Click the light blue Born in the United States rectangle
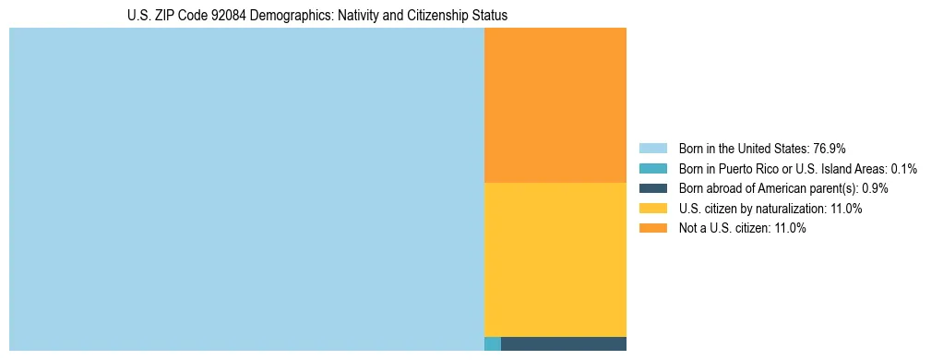pyautogui.click(x=246, y=189)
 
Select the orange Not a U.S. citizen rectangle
pyautogui.click(x=555, y=105)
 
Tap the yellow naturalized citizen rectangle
pyautogui.click(x=555, y=259)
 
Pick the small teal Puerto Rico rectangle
pyautogui.click(x=493, y=343)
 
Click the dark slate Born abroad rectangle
pyautogui.click(x=563, y=343)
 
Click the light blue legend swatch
pyautogui.click(x=652, y=149)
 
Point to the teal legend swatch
pyautogui.click(x=652, y=169)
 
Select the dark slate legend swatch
pyautogui.click(x=652, y=188)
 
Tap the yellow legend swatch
pyautogui.click(x=652, y=209)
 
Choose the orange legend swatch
pyautogui.click(x=652, y=229)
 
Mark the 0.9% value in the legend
pyautogui.click(x=876, y=188)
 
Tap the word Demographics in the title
pyautogui.click(x=288, y=16)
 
